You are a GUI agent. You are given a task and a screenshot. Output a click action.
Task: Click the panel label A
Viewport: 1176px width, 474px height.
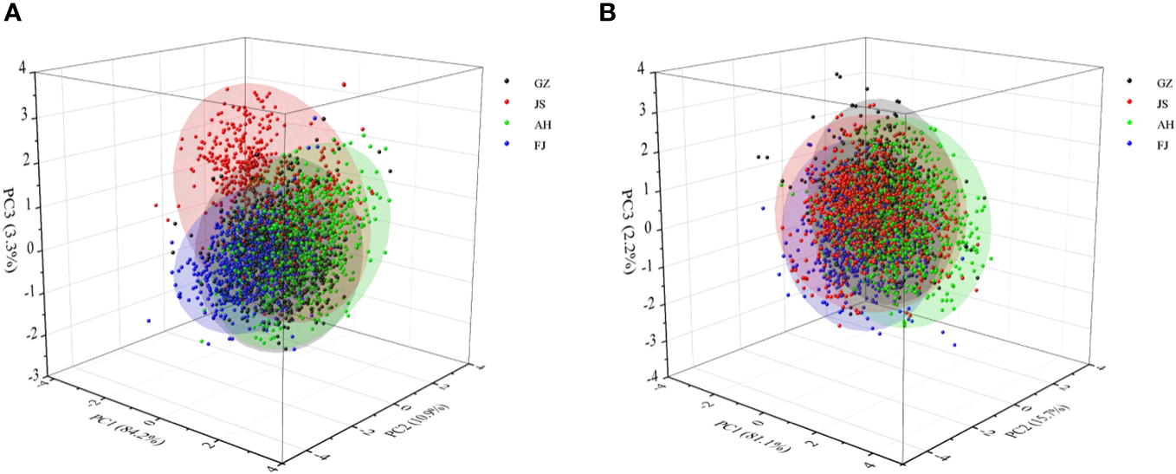click(x=12, y=13)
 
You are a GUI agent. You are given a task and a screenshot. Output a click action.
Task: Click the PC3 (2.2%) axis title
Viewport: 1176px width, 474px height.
click(x=630, y=223)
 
